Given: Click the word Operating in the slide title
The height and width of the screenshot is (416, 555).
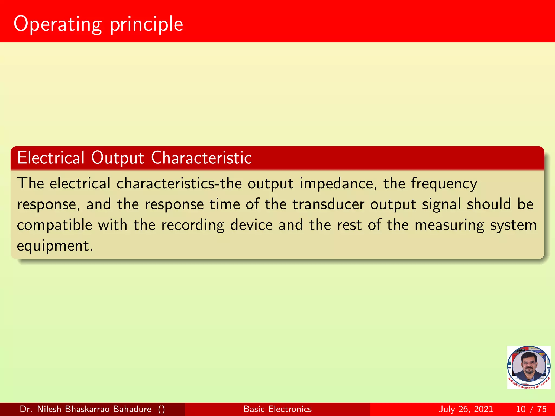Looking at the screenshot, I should (58, 24).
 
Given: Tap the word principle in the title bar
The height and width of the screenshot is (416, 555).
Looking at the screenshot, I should (146, 24).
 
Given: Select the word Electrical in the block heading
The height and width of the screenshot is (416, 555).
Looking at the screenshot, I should (51, 158).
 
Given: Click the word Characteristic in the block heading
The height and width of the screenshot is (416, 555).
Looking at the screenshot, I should (201, 158).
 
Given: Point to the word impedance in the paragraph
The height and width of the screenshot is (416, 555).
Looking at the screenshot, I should (338, 184).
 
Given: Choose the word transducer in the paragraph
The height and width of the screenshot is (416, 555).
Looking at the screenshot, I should (328, 204).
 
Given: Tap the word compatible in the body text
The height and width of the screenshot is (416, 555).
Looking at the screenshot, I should (54, 225).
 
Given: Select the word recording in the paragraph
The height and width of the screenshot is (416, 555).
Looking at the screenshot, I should (193, 225).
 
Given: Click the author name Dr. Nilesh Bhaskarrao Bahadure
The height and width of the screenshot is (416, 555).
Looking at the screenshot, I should (85, 409).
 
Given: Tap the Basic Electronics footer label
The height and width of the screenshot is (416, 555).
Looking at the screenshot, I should (277, 409).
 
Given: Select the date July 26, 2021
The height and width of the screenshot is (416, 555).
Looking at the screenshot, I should (466, 409).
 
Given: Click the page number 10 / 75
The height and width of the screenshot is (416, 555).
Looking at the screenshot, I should (531, 409).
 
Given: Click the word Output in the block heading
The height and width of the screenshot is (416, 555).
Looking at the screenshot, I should (117, 158).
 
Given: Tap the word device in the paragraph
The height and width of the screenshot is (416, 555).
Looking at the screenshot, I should (251, 225).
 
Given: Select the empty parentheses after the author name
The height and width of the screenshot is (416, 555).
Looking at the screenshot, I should (162, 409).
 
